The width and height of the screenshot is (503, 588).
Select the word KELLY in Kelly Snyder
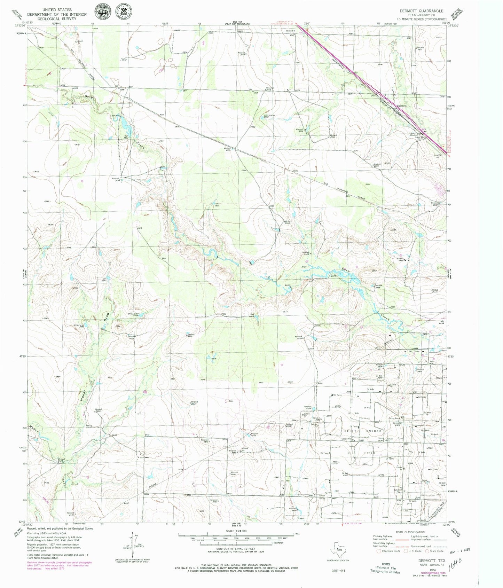point(351,431)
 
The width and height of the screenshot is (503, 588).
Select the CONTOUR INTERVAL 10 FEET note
point(236,548)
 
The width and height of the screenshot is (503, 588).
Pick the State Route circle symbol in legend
point(426,551)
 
